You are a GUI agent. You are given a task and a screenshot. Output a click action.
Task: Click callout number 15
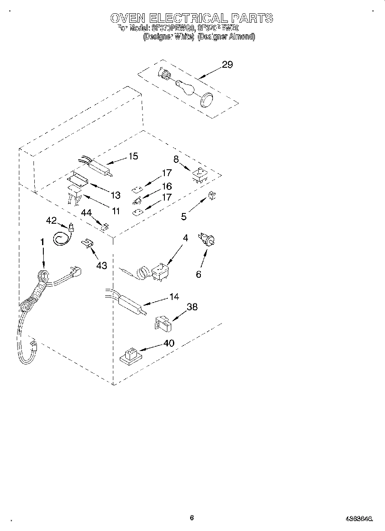point(133,156)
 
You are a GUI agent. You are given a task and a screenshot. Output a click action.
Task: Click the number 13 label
point(115,195)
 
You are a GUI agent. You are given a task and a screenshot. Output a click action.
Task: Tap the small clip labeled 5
point(212,195)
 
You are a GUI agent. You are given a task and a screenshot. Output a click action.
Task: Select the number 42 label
point(51,220)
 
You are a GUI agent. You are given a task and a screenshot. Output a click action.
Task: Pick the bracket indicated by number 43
point(88,243)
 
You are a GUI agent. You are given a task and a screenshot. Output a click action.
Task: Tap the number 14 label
point(174,296)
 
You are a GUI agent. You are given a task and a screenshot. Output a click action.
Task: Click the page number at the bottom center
point(192,517)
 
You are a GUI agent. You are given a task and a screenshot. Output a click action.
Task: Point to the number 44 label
point(87,212)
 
